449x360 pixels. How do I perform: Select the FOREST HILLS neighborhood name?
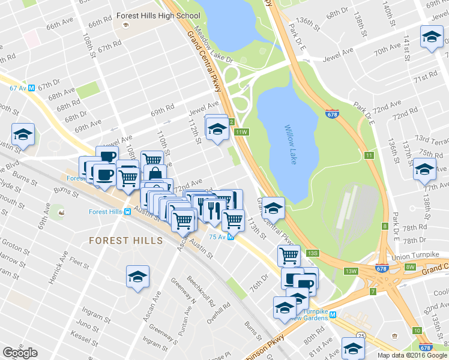125,241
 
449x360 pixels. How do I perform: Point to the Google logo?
20,353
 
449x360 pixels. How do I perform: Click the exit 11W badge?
241,132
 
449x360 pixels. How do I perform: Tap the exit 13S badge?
312,254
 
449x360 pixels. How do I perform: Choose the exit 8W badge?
411,267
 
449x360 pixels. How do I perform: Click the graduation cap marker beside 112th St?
217,128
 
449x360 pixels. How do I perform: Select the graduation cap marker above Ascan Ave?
137,277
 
